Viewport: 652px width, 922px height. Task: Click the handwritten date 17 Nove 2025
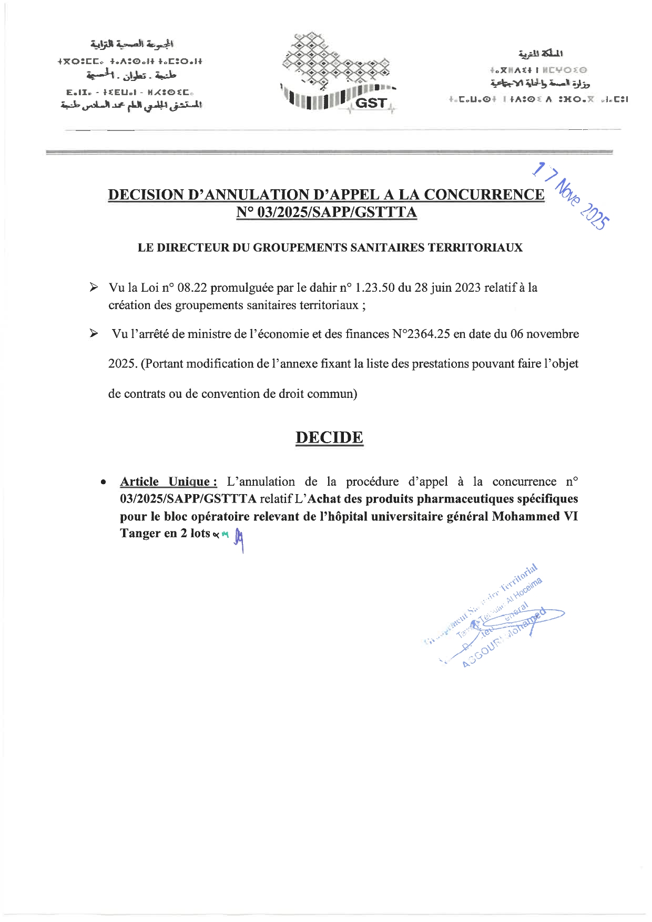(x=571, y=196)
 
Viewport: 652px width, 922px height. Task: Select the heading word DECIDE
(x=329, y=437)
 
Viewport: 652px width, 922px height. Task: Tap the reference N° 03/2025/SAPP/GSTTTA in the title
(x=327, y=212)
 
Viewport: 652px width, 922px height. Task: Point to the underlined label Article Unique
(x=168, y=482)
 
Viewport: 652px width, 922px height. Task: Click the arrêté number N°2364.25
(x=421, y=334)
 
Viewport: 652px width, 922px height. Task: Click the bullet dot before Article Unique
(x=105, y=482)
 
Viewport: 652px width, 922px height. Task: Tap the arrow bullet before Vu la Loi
(x=94, y=288)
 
